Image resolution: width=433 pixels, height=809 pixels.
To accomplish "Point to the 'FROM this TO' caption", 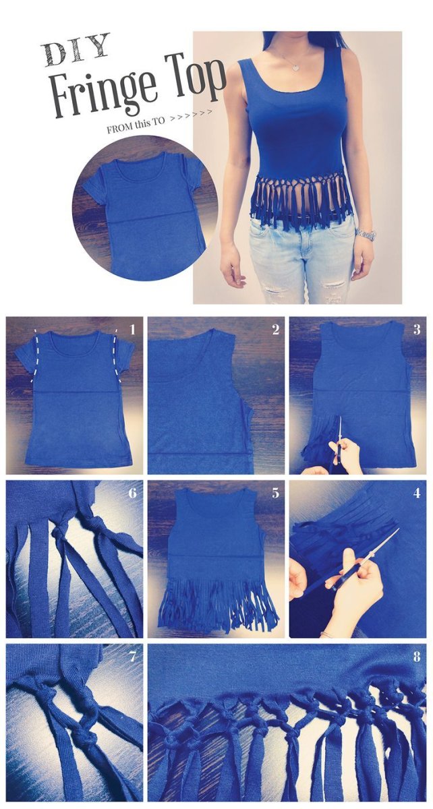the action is (x=135, y=126).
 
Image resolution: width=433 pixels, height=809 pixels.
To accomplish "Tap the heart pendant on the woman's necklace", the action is (x=295, y=67).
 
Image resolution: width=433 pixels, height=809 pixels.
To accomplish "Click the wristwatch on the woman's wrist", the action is (x=366, y=234).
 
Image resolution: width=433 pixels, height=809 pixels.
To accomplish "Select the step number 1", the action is (x=132, y=330).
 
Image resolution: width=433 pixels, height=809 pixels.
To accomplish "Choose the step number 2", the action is (x=275, y=330).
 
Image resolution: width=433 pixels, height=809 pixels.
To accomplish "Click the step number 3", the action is (x=417, y=330).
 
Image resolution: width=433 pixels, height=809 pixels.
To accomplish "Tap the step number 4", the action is (x=417, y=493).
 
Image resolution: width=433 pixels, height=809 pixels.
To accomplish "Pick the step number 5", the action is (x=275, y=493).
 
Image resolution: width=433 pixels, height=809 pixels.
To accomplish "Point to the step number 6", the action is (x=132, y=493).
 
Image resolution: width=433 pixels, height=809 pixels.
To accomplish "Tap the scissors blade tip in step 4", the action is (x=399, y=529).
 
